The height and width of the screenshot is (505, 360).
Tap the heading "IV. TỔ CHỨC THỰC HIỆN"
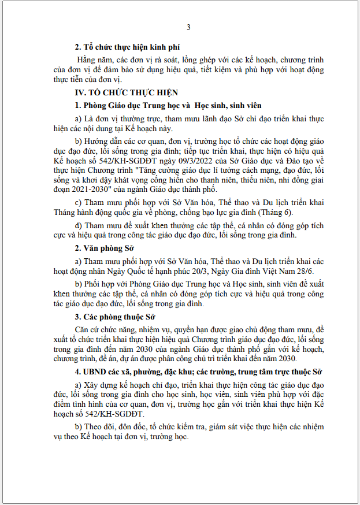(126, 92)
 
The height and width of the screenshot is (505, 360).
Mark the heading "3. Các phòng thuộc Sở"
(117, 317)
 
